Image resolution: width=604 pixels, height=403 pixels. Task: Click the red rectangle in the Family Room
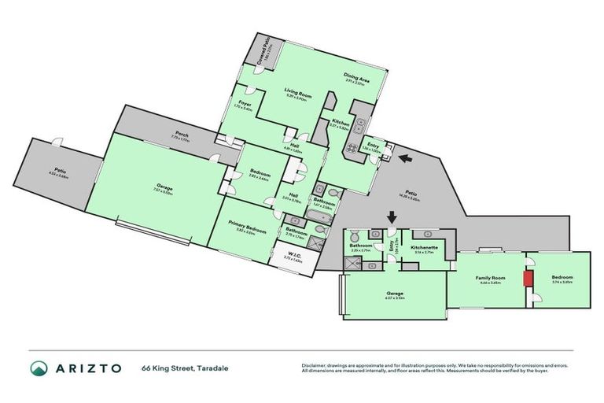point(529,279)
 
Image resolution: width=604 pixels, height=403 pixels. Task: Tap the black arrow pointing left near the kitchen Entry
point(405,160)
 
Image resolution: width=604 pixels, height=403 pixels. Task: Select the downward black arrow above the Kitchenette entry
point(391,216)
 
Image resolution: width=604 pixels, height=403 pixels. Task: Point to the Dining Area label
point(356,77)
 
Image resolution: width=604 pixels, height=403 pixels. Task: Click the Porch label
point(181,135)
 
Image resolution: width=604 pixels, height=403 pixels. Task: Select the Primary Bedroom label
point(244,224)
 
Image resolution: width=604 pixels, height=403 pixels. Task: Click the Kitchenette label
point(425,246)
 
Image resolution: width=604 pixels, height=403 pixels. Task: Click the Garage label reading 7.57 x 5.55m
point(163,187)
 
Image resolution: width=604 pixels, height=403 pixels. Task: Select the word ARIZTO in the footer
point(88,368)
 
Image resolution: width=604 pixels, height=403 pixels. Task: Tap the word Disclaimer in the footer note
point(313,364)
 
